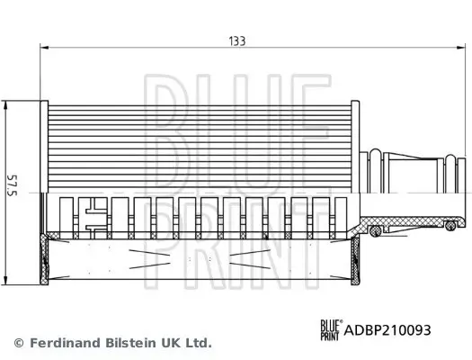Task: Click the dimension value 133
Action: (x=236, y=40)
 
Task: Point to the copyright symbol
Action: (x=19, y=343)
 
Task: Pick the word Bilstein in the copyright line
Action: (x=127, y=343)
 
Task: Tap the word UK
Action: (x=170, y=343)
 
